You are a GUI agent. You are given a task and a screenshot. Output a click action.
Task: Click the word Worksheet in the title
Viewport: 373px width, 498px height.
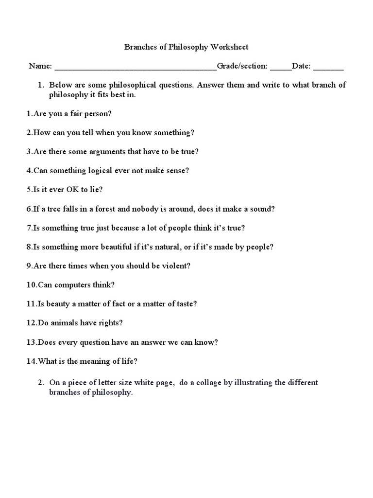pyautogui.click(x=229, y=47)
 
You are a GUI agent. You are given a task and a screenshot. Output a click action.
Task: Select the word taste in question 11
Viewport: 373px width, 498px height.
pyautogui.click(x=183, y=303)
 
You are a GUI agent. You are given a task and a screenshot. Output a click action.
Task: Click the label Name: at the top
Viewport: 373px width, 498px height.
pyautogui.click(x=40, y=66)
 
